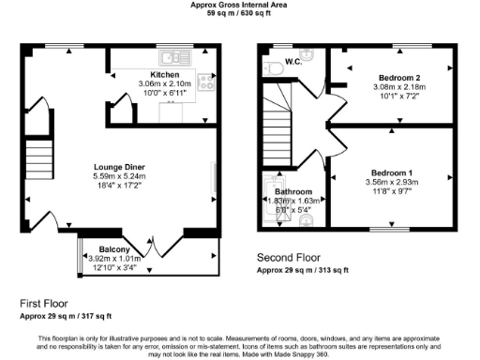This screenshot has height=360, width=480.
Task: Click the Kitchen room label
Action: [x=151, y=73]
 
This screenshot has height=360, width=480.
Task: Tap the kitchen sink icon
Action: [x=174, y=55]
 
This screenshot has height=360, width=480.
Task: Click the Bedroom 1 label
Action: [x=392, y=172]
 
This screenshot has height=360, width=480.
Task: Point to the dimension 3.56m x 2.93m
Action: [x=392, y=182]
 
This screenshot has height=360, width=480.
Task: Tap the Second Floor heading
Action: [x=289, y=257]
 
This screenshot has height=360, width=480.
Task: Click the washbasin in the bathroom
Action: [x=306, y=222]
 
